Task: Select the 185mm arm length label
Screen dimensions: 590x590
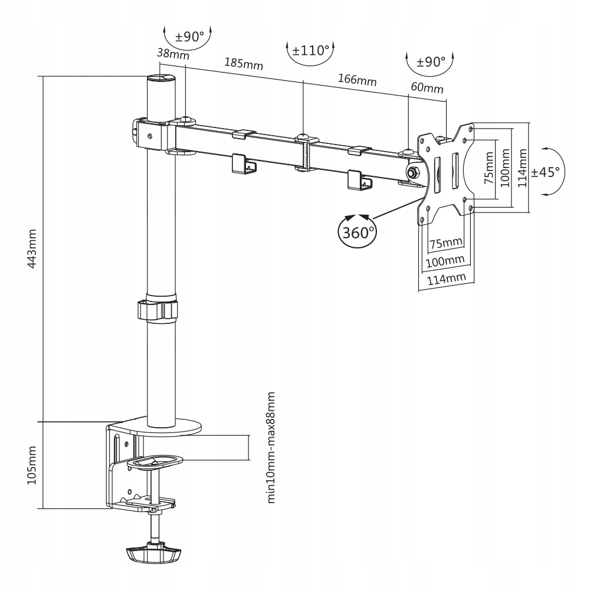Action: [244, 63]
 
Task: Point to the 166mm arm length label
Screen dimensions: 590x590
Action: [356, 79]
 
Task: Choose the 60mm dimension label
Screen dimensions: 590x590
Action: [427, 88]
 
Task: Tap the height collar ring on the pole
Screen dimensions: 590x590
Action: [158, 310]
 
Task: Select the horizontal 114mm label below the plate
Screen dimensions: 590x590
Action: [447, 278]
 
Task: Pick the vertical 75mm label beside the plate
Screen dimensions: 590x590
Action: [488, 169]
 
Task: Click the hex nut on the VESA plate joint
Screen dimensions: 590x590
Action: [412, 172]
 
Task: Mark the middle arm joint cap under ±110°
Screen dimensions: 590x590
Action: [303, 137]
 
